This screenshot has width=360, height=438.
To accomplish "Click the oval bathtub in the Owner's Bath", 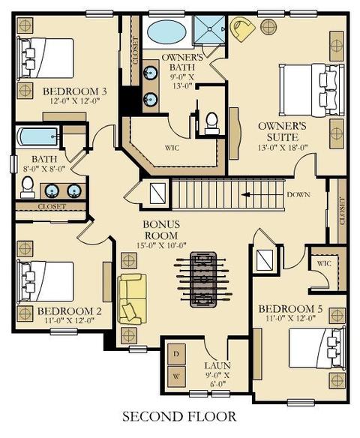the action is pyautogui.click(x=166, y=31).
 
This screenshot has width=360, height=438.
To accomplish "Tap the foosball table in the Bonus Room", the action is pyautogui.click(x=203, y=280).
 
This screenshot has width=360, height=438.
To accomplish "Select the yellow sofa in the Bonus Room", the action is pyautogui.click(x=133, y=299).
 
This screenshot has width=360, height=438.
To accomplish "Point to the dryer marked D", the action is pyautogui.click(x=176, y=354).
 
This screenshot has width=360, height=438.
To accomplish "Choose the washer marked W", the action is pyautogui.click(x=176, y=376).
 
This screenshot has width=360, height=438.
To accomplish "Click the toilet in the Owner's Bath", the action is pyautogui.click(x=211, y=123).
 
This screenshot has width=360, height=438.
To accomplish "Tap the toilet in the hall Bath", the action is pyautogui.click(x=28, y=187).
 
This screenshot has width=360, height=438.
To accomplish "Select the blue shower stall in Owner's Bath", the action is pyautogui.click(x=209, y=29).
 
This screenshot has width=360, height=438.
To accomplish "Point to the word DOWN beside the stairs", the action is pyautogui.click(x=298, y=194).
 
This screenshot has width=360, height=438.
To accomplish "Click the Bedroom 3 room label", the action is pyautogui.click(x=74, y=91).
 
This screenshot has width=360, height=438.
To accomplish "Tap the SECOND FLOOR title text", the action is pyautogui.click(x=179, y=416).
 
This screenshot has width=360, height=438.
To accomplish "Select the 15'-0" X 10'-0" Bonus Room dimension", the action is pyautogui.click(x=161, y=245).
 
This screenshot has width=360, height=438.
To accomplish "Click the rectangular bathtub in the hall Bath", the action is pyautogui.click(x=37, y=136).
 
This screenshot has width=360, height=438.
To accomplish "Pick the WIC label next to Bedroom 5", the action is pyautogui.click(x=324, y=263).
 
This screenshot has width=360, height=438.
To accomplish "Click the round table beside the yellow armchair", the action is pyautogui.click(x=268, y=27).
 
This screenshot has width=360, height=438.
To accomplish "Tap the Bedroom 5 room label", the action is pyautogui.click(x=290, y=309).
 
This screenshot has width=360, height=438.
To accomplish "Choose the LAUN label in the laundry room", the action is pyautogui.click(x=217, y=365).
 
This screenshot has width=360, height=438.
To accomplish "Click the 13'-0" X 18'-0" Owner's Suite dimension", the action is pyautogui.click(x=282, y=148).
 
